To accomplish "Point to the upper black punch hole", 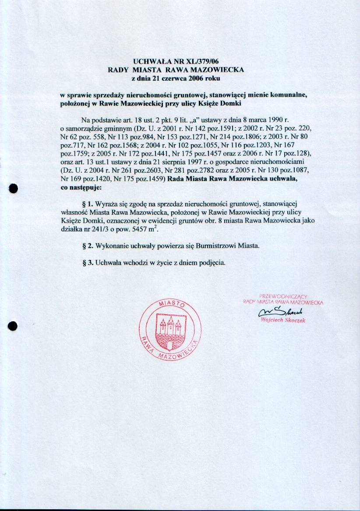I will [13, 188].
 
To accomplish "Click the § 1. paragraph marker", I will [88, 205].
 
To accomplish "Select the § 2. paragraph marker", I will [88, 246].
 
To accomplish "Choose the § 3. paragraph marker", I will [88, 263].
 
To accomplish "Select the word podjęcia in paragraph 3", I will [212, 263].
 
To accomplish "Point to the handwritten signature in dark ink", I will [281, 312].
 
